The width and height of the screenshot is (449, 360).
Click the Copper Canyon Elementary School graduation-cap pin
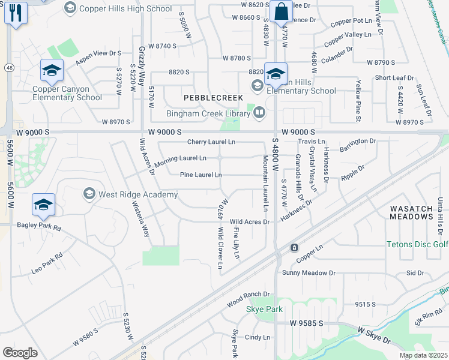click(x=52, y=72)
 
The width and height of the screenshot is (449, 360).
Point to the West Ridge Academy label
click(x=138, y=194)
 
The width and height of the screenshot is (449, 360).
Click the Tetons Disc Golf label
click(x=417, y=244)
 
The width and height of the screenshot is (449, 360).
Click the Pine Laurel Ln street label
click(x=201, y=175)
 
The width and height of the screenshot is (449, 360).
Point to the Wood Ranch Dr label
click(x=249, y=298)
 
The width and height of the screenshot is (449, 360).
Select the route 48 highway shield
click(x=9, y=68)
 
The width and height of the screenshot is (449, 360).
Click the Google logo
click(x=20, y=353)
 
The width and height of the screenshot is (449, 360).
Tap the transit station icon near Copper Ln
click(x=294, y=247)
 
